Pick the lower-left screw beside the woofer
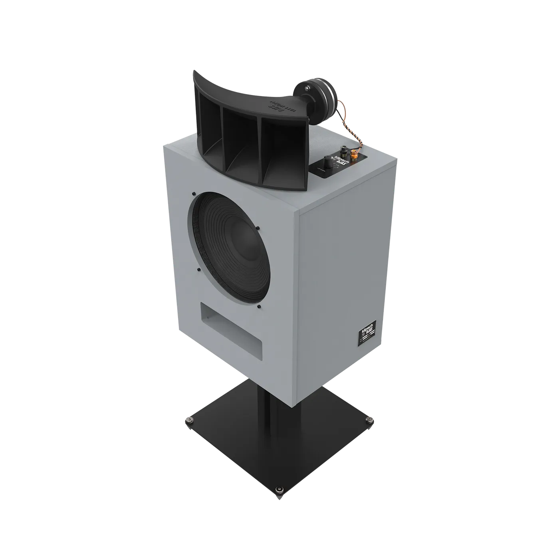[198, 270]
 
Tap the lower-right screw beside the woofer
[259, 307]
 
